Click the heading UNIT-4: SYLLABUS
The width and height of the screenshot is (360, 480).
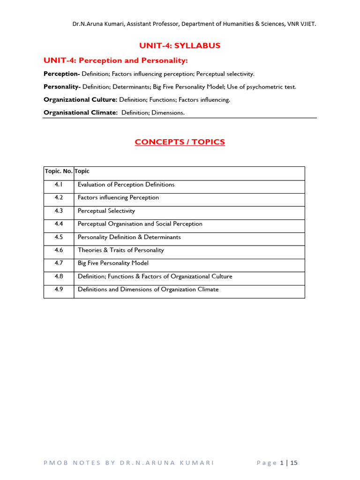[180, 45]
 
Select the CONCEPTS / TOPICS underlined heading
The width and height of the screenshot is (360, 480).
[180, 142]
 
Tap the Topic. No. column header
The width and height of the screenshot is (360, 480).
[59, 172]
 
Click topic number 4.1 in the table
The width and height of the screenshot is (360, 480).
[59, 185]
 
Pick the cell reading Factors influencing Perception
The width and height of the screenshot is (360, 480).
[118, 198]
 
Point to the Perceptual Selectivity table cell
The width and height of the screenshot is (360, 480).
[106, 211]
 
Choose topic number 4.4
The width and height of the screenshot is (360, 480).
[59, 224]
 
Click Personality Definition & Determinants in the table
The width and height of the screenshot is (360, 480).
[129, 237]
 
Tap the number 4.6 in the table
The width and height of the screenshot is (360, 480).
[59, 250]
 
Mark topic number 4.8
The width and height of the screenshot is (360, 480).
[59, 277]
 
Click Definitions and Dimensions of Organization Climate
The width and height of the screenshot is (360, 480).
[148, 290]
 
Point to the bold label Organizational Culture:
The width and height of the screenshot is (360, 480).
[80, 100]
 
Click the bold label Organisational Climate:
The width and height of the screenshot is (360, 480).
[81, 112]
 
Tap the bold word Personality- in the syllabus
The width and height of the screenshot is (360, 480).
[62, 87]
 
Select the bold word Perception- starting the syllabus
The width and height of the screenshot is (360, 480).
[62, 74]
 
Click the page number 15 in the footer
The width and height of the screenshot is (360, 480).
[294, 463]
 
